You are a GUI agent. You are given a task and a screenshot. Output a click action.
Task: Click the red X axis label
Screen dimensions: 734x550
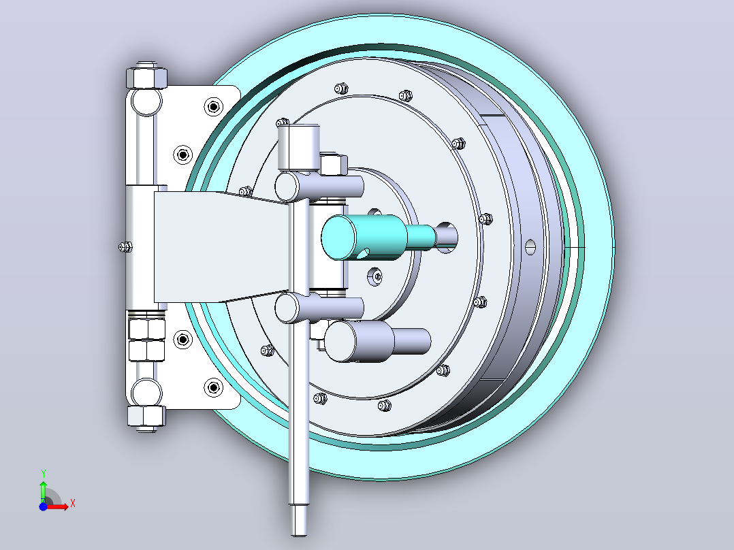point(73,504)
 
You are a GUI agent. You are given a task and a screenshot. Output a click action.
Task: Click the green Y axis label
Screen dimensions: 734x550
point(43,473)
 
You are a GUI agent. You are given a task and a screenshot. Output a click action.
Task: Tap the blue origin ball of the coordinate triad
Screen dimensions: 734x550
point(43,506)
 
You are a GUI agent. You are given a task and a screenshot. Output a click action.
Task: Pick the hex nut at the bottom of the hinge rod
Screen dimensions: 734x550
point(146,416)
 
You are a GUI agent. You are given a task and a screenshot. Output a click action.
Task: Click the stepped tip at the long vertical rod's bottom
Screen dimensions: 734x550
point(299,520)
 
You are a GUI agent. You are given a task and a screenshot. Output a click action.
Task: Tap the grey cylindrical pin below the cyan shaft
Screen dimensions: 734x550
point(377,341)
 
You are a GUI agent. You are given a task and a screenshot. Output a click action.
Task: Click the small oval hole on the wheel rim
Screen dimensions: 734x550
point(530,246)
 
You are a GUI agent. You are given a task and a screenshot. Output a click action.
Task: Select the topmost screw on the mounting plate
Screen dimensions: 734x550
point(214,107)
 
